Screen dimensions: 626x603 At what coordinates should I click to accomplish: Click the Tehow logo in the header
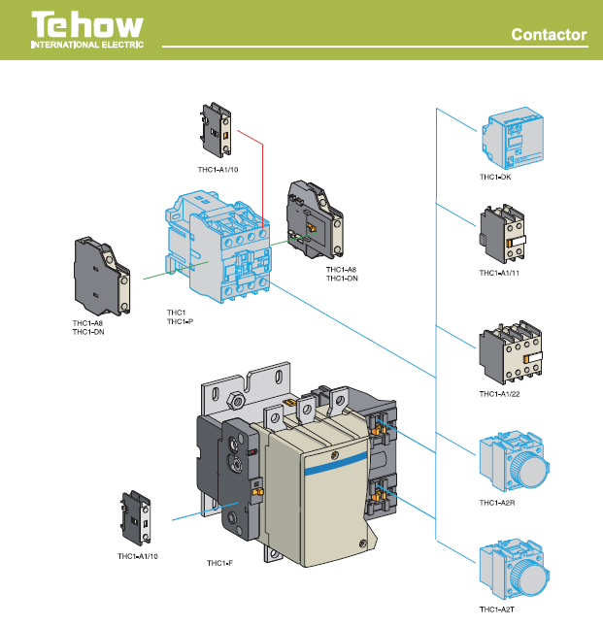pos(87,26)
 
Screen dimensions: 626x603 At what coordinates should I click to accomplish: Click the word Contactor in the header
pos(550,36)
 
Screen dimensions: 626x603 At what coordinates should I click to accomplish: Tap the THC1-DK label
pos(495,178)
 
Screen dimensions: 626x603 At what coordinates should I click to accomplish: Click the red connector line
pos(263,175)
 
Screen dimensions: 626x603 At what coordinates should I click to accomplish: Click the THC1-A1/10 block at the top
pos(217,133)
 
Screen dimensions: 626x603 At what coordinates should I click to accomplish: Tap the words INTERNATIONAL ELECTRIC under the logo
pos(87,46)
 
